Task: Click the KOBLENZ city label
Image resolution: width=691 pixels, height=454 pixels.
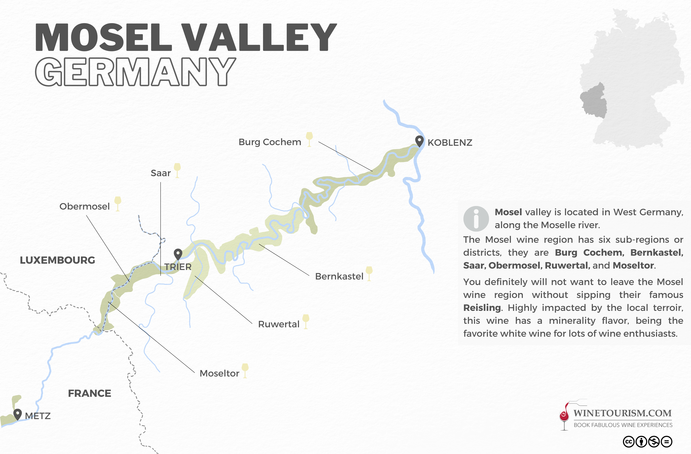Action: point(450,143)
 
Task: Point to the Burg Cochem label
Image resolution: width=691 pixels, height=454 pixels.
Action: point(270,142)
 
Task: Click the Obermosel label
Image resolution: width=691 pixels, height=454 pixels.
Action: point(84,206)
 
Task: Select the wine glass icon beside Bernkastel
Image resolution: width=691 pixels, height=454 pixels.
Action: point(369,273)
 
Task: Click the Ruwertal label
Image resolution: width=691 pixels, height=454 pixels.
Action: point(278,324)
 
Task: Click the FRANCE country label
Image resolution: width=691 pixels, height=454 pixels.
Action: point(89,393)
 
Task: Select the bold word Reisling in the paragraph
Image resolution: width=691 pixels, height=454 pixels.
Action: point(482,307)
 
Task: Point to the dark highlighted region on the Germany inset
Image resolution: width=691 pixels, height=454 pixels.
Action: point(594,100)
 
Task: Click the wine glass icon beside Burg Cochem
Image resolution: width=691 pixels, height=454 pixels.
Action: point(310,139)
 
